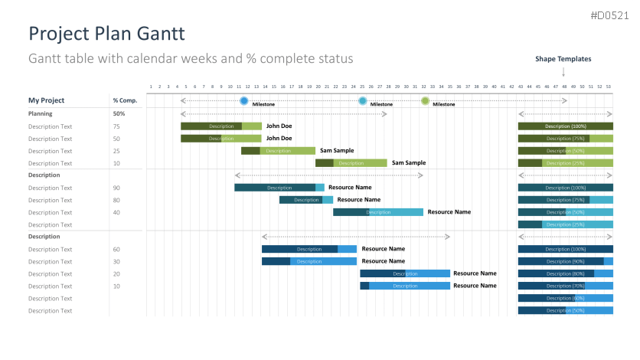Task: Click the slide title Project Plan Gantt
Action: [x=106, y=34]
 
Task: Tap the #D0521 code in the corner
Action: [x=609, y=15]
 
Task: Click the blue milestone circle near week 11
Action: [x=243, y=101]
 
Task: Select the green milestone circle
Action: [x=425, y=101]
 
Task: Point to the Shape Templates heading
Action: [x=563, y=59]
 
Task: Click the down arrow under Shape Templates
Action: [x=563, y=72]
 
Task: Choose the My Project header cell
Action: [x=47, y=100]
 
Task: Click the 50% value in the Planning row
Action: [x=119, y=114]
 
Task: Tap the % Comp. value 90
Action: [x=116, y=188]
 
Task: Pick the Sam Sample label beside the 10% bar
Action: [x=409, y=163]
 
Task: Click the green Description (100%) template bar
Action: [x=565, y=126]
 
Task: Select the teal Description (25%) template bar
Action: [x=565, y=224]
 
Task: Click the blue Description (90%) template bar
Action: [x=565, y=261]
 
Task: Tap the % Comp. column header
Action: [x=125, y=100]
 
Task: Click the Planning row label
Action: [x=41, y=114]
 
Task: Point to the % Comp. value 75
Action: [x=116, y=126]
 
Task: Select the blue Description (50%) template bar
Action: [x=565, y=310]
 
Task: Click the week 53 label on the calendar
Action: [x=609, y=87]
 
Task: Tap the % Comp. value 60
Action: [x=116, y=249]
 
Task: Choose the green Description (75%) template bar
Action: [x=565, y=139]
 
